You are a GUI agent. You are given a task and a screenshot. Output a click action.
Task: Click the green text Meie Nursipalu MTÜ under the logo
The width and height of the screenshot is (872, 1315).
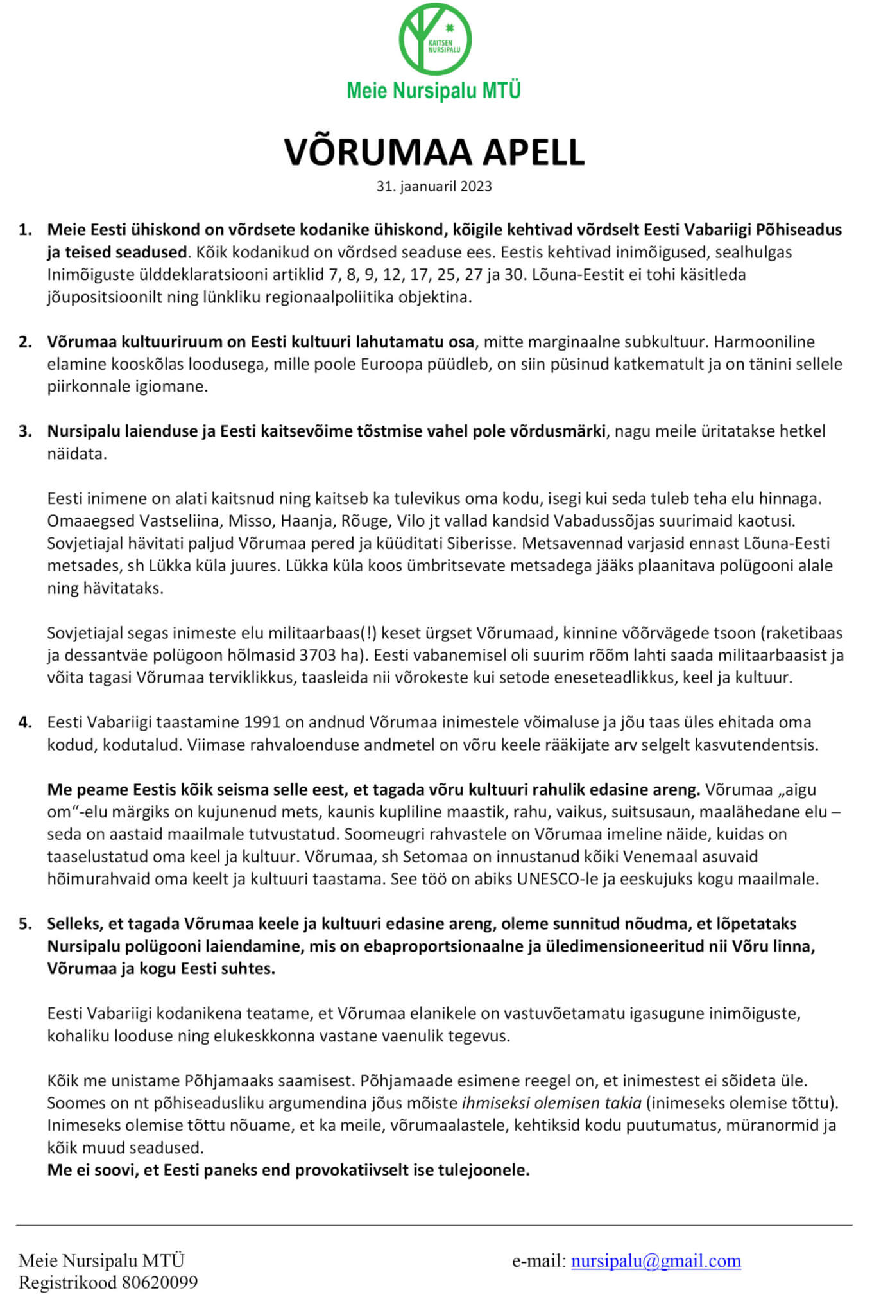434,91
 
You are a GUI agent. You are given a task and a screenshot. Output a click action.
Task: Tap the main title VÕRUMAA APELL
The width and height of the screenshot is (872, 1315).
434,152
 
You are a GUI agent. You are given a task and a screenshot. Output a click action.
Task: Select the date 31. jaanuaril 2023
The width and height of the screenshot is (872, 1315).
434,186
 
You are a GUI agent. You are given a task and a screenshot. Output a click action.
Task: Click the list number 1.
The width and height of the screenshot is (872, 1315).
25,230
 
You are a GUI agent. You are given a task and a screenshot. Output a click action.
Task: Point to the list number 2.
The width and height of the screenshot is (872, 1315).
25,342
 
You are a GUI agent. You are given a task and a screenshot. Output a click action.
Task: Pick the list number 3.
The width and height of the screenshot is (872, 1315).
25,431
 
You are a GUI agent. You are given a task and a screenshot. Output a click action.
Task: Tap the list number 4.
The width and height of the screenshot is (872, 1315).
25,722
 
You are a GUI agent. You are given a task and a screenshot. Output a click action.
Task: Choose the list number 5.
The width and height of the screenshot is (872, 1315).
25,923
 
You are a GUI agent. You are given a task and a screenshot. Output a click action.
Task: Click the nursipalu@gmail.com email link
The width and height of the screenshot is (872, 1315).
656,1260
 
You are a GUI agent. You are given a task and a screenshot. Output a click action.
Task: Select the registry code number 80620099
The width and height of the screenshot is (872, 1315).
160,1282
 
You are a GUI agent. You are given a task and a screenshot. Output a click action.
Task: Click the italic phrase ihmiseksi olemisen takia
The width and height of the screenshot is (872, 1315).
551,1102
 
